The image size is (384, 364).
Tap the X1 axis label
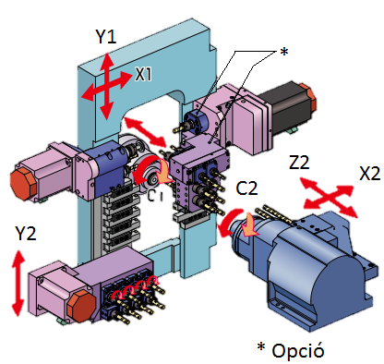click(x=144, y=74)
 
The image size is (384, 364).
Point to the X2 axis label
click(x=369, y=174)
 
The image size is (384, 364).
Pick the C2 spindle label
click(x=247, y=189)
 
